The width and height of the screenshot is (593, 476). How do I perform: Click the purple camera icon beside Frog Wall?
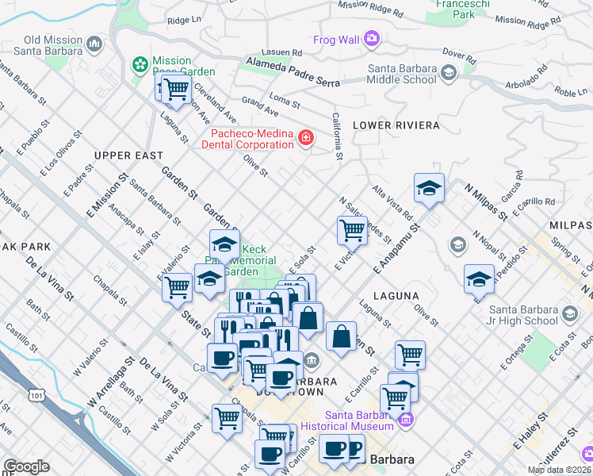tap(370, 37)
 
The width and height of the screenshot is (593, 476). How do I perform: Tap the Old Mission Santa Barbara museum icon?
tap(95, 43)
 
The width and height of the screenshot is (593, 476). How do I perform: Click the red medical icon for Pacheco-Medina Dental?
tap(305, 140)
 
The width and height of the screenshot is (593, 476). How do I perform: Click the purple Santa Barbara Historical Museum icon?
tap(406, 419)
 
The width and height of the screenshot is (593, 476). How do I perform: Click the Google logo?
tap(26, 466)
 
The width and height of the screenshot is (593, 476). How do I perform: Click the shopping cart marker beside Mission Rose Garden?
tap(174, 88)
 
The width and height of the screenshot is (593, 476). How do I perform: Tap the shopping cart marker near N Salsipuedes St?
tap(352, 230)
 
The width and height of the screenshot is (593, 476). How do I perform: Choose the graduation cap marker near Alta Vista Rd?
tap(429, 188)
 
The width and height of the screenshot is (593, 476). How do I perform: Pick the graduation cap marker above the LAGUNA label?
tap(479, 278)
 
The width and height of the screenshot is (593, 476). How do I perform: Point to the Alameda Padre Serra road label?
tap(293, 72)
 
